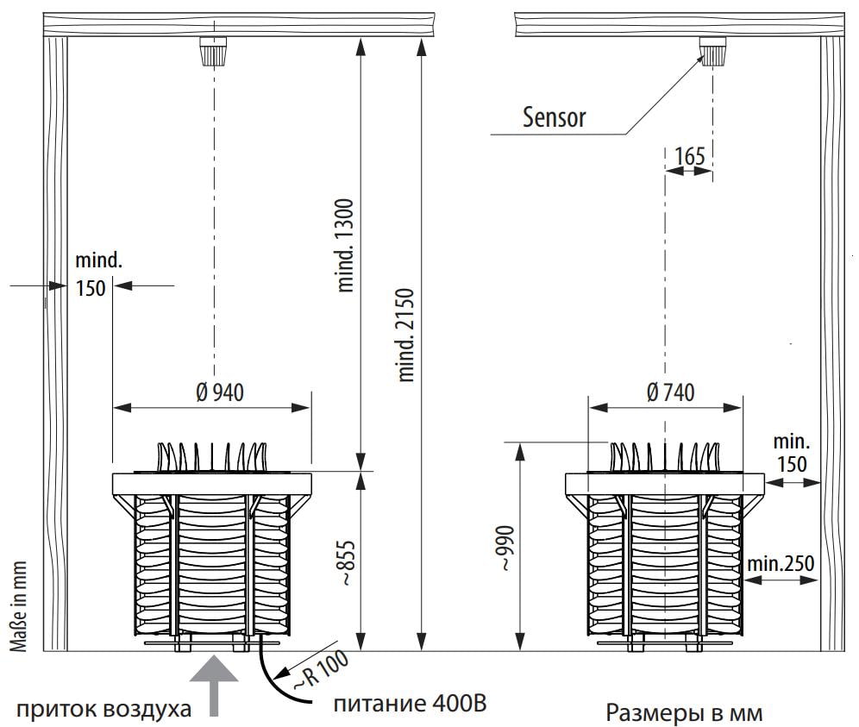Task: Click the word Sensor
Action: (554, 117)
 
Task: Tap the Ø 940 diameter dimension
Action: (220, 392)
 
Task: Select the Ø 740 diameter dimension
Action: (670, 392)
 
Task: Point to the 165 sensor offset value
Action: (689, 156)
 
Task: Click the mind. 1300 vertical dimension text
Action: (346, 245)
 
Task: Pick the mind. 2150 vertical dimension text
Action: (406, 335)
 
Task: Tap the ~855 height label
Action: (348, 563)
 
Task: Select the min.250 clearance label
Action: (781, 563)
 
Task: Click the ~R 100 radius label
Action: (321, 669)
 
